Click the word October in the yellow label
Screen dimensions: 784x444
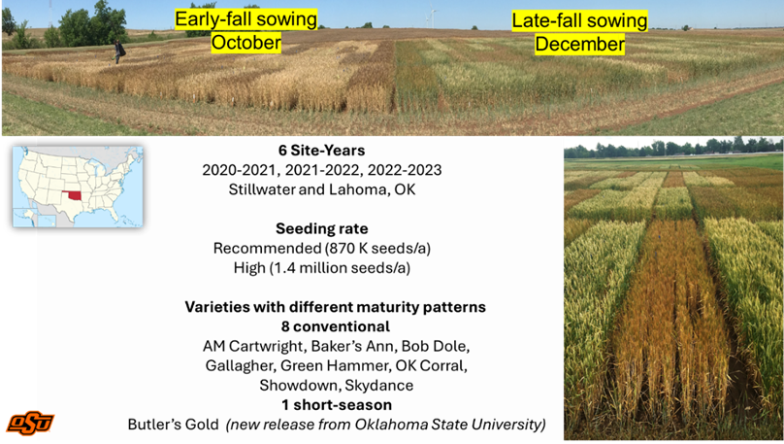point(246,42)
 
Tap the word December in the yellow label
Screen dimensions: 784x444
point(579,44)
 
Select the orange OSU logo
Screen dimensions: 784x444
point(30,423)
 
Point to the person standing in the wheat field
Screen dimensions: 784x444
point(118,51)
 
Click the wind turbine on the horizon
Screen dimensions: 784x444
point(432,17)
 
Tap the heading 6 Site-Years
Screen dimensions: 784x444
point(321,151)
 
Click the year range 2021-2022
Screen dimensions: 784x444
point(322,170)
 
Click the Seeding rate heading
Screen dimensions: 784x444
point(321,228)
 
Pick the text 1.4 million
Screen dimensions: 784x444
point(310,268)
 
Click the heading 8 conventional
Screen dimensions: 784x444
point(335,326)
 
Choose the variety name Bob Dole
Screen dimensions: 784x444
point(434,347)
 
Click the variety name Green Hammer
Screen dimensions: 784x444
point(334,366)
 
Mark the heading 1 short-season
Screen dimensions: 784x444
point(337,405)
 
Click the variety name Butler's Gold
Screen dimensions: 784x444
point(173,425)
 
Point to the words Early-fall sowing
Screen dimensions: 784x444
point(245,19)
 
